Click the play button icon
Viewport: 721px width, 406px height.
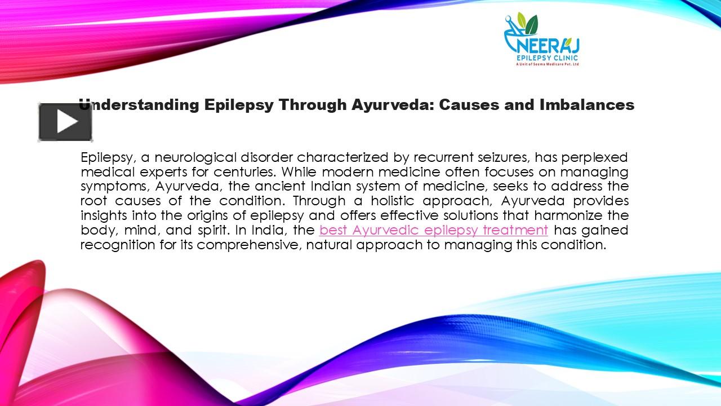[65, 122]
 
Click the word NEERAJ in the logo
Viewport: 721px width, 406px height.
[542, 45]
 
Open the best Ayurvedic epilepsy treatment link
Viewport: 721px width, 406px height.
[433, 230]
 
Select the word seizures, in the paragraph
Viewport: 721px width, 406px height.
[503, 157]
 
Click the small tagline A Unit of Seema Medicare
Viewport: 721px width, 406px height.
[548, 64]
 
